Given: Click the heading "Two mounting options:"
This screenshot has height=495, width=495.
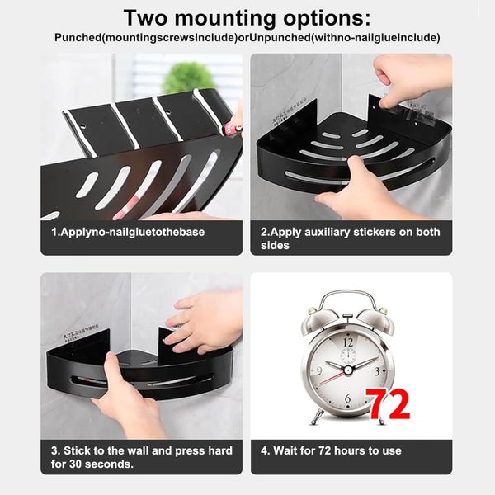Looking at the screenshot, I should click(x=247, y=18).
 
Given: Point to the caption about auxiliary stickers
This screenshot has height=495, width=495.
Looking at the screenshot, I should click(x=351, y=238).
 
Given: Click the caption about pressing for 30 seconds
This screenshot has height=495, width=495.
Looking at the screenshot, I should click(x=141, y=457).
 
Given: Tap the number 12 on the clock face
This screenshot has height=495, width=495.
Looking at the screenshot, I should click(x=347, y=341).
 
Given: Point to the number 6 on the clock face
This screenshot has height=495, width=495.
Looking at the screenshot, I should click(x=347, y=399).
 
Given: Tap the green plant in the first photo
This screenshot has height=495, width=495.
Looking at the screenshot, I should click(x=188, y=78).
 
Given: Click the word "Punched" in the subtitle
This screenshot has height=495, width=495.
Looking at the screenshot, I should click(x=78, y=38).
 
